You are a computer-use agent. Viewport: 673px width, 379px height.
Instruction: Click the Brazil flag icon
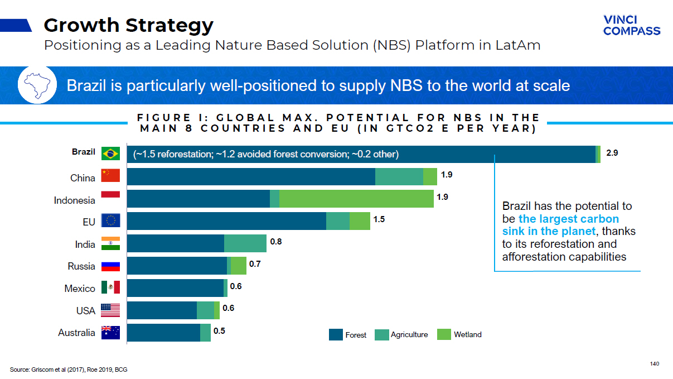pyautogui.click(x=110, y=153)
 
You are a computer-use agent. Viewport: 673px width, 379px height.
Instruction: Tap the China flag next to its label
pyautogui.click(x=110, y=176)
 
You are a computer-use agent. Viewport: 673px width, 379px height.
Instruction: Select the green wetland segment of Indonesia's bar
pyautogui.click(x=356, y=199)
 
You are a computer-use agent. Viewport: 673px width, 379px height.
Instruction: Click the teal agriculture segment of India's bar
pyautogui.click(x=245, y=243)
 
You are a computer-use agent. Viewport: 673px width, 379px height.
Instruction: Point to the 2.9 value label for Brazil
pyautogui.click(x=612, y=153)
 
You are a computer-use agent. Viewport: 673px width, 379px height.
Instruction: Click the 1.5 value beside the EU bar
pyautogui.click(x=379, y=219)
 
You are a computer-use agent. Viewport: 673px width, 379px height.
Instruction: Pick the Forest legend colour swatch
pyautogui.click(x=336, y=335)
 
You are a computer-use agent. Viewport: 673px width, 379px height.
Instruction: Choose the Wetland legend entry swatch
pyautogui.click(x=444, y=335)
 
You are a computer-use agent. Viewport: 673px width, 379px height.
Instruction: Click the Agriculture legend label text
pyautogui.click(x=409, y=335)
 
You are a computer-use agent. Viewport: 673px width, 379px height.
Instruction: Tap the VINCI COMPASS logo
pyautogui.click(x=631, y=26)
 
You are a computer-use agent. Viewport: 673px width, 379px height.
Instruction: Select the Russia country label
pyautogui.click(x=81, y=266)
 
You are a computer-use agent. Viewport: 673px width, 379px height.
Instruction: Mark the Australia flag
pyautogui.click(x=110, y=333)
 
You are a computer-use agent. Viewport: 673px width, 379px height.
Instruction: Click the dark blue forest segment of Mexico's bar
pyautogui.click(x=175, y=288)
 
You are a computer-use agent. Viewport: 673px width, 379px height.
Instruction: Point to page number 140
pyautogui.click(x=655, y=364)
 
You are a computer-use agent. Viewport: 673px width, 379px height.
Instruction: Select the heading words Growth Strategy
pyautogui.click(x=128, y=25)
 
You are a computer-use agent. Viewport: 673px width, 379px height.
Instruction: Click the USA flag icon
pyautogui.click(x=110, y=310)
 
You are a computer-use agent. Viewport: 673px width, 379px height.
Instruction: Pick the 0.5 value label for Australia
pyautogui.click(x=219, y=331)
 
